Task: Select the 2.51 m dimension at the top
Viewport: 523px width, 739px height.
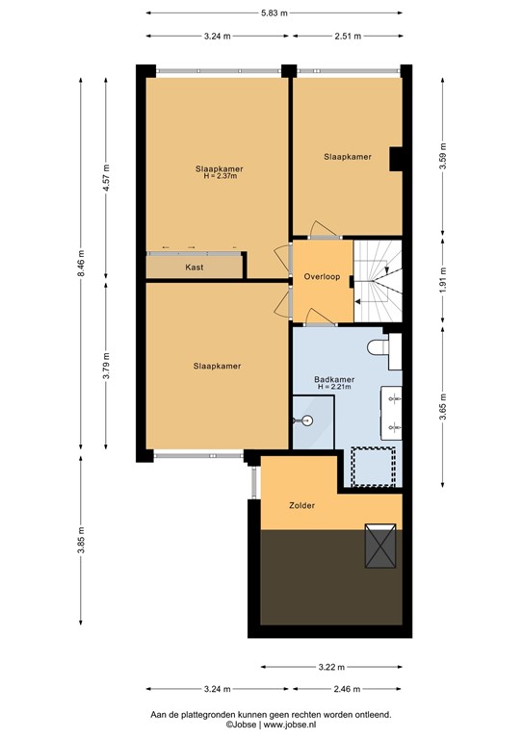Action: pos(347,37)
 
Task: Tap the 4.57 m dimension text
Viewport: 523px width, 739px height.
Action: pos(107,180)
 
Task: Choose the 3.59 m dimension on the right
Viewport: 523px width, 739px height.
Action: pos(442,156)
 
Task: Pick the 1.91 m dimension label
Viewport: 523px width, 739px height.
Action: pos(442,286)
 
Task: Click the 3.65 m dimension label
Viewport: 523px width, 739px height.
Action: pos(442,402)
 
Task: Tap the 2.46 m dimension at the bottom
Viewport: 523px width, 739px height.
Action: pos(347,690)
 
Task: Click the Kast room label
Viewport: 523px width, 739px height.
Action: pos(194,268)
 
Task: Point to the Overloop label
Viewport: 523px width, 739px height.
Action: pos(321,275)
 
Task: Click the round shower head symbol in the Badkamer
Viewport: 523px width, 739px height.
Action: pos(305,420)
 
